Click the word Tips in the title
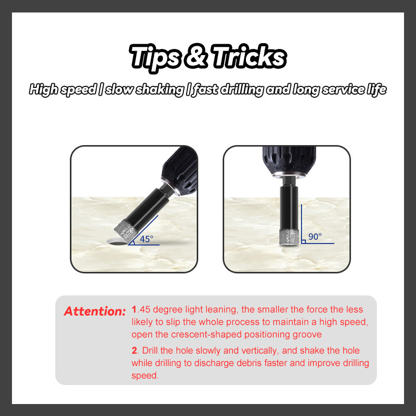(155, 58)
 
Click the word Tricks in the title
(249, 56)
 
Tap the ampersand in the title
(197, 56)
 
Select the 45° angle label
(147, 239)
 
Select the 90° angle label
(315, 237)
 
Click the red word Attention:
(95, 311)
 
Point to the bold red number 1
(134, 309)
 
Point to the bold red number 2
(135, 350)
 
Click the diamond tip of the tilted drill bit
(126, 230)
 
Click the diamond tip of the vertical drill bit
(289, 237)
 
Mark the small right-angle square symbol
(304, 241)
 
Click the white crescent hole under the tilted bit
(116, 242)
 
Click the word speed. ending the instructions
(145, 375)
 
